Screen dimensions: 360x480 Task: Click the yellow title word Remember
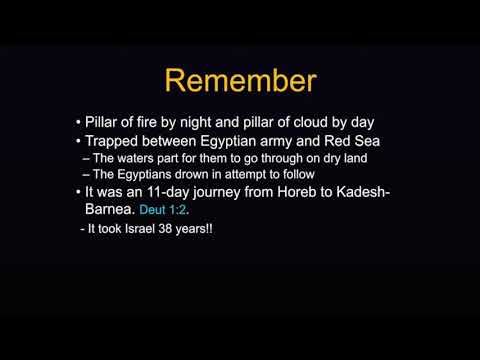pyautogui.click(x=240, y=80)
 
